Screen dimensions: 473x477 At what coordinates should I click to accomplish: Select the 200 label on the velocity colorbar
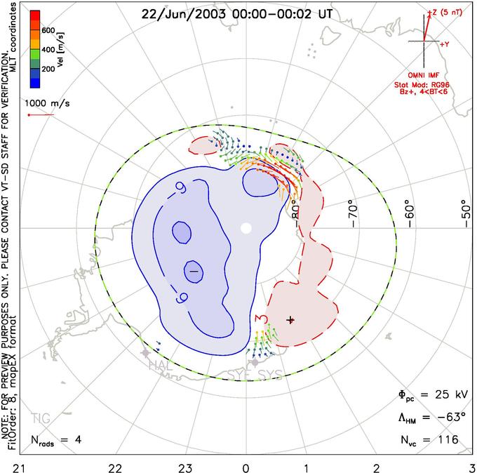pos(48,69)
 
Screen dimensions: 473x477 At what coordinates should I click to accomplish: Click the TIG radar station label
pos(41,418)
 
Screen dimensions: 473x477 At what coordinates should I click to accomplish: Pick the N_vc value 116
pos(448,440)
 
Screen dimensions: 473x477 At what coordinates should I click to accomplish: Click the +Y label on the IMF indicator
pos(444,44)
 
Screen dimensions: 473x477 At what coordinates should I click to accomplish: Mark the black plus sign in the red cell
pos(290,319)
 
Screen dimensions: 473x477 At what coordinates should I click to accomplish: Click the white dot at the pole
pos(246,228)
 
